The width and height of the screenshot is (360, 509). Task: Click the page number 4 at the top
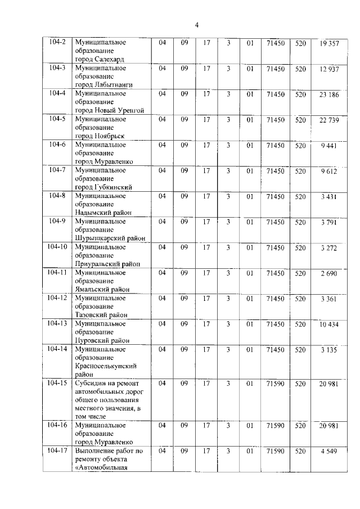[197, 24]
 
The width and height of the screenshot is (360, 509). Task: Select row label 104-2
[57, 43]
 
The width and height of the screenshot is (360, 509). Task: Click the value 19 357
[329, 43]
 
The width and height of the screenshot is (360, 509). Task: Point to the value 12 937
[329, 69]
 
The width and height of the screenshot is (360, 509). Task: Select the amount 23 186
[329, 94]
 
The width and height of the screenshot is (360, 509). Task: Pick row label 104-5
[57, 119]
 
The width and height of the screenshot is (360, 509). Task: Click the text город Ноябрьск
[100, 136]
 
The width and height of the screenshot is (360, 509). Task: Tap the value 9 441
[329, 145]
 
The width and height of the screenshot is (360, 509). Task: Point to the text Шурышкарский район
[110, 238]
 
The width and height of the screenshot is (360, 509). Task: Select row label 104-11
[57, 272]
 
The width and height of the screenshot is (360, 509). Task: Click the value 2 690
[329, 273]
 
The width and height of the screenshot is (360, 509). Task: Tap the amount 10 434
[329, 324]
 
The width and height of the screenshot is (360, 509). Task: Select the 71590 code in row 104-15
[275, 383]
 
